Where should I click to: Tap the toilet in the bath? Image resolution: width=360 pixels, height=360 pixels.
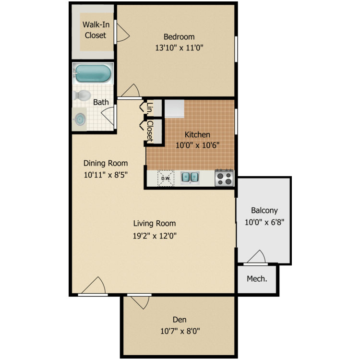83,95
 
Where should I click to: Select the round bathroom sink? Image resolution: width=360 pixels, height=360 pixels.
80,119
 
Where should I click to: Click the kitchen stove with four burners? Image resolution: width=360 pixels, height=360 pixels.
224,178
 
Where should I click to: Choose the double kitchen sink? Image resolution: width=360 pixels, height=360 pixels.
189,178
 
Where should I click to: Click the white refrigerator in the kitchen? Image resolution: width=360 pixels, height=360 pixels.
174,109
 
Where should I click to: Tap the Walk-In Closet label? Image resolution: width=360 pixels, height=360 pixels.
95,29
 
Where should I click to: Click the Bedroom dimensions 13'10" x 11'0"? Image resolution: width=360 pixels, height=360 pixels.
179,48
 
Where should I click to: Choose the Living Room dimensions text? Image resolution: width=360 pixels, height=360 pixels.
155,236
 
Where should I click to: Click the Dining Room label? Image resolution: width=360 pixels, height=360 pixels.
106,163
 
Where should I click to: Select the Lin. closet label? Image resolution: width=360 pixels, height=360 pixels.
150,108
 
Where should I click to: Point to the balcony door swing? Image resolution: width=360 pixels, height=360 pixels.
255,257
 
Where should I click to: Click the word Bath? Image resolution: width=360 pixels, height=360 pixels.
101,102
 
